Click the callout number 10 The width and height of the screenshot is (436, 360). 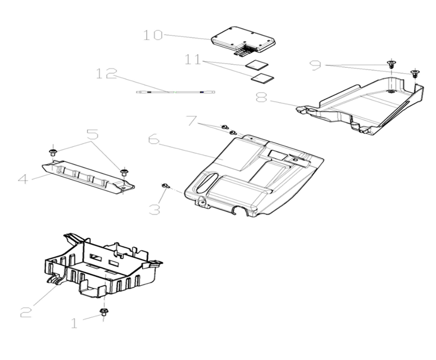pyautogui.click(x=152, y=35)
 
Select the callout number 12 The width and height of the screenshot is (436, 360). pyautogui.click(x=108, y=74)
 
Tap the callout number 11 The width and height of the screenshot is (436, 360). pyautogui.click(x=194, y=61)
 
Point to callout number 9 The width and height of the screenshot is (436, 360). pyautogui.click(x=316, y=65)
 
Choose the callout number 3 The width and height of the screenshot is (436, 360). pyautogui.click(x=154, y=209)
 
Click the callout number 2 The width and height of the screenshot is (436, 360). pyautogui.click(x=26, y=311)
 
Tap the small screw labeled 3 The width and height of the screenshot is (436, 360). pyautogui.click(x=165, y=187)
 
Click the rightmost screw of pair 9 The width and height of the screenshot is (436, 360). pyautogui.click(x=414, y=74)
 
